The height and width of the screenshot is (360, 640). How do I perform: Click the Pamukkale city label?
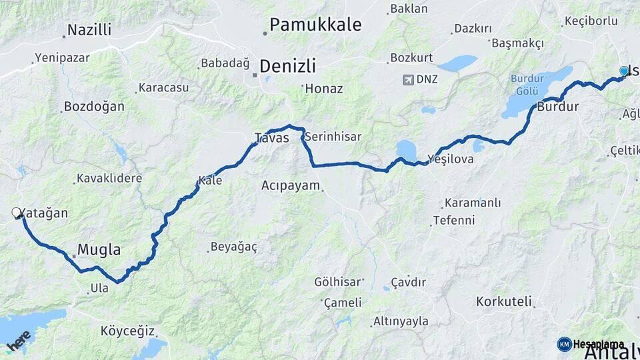[315, 25]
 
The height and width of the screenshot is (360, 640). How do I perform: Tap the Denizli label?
[287, 66]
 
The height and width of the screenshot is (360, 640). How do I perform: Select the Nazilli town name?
[89, 30]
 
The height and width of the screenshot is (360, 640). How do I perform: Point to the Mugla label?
[99, 250]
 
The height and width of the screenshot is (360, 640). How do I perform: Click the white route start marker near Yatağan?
[16, 213]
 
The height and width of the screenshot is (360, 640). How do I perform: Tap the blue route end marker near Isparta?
[624, 71]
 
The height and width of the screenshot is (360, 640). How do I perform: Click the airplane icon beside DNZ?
[408, 80]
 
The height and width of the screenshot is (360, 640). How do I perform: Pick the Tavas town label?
[272, 138]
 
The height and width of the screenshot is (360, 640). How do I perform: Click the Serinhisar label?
[334, 137]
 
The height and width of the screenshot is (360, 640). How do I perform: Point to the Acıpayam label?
[291, 185]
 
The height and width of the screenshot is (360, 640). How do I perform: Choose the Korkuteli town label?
[503, 301]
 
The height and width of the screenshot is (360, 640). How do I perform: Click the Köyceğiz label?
[127, 331]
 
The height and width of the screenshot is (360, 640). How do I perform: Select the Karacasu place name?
[163, 87]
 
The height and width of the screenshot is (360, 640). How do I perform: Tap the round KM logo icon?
[564, 344]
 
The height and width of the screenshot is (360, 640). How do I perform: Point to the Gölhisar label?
[337, 281]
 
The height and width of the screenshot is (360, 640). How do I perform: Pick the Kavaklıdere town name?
[109, 178]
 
